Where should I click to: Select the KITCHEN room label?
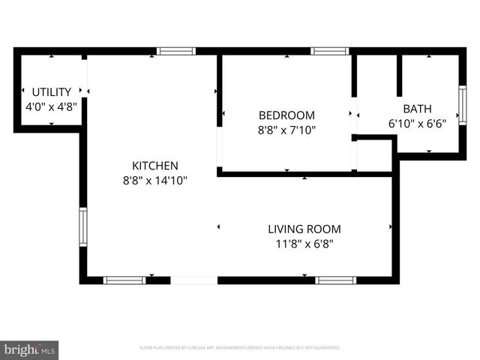[x=155, y=166]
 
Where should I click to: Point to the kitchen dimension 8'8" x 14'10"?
[x=155, y=181]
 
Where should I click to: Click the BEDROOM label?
[x=286, y=115]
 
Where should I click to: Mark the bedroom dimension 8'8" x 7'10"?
[x=286, y=130]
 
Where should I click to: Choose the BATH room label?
[x=417, y=109]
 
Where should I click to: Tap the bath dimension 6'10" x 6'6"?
[x=417, y=123]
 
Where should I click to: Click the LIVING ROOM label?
[x=304, y=229]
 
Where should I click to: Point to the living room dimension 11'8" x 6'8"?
[x=304, y=244]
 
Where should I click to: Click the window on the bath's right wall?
[x=462, y=104]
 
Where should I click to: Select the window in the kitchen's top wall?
[x=176, y=52]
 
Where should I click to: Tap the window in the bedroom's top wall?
[x=330, y=52]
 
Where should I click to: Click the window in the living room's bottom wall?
[x=335, y=280]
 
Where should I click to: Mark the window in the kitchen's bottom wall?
[x=124, y=280]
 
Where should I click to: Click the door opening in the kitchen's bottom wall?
[x=194, y=280]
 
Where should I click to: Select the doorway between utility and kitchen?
[x=84, y=75]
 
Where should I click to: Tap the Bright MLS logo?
[x=29, y=349]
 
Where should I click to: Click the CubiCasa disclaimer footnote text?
[x=240, y=348]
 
